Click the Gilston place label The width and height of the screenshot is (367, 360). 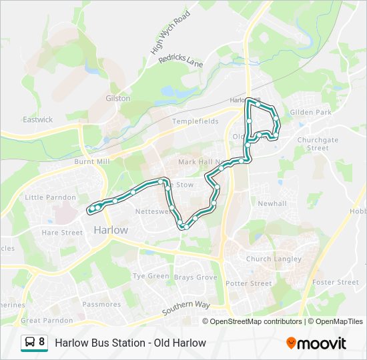click(x=118, y=98)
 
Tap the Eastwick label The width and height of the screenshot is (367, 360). click(x=37, y=120)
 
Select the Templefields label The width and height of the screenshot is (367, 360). click(x=195, y=122)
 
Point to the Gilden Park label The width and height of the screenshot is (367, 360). click(x=310, y=113)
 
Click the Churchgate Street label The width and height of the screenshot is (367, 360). click(x=318, y=144)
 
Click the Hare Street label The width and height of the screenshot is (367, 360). click(x=62, y=233)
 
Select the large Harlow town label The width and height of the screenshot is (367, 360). click(x=110, y=229)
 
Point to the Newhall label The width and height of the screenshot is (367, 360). click(x=272, y=203)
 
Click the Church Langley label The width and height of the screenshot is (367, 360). click(x=274, y=259)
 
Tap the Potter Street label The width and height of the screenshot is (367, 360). click(x=249, y=283)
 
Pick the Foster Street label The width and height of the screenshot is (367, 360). click(x=336, y=282)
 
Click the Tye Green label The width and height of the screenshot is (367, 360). click(x=151, y=276)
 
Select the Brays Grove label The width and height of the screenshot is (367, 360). click(x=196, y=277)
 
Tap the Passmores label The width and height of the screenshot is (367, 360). click(x=101, y=304)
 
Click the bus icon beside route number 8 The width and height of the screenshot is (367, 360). click(x=30, y=343)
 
